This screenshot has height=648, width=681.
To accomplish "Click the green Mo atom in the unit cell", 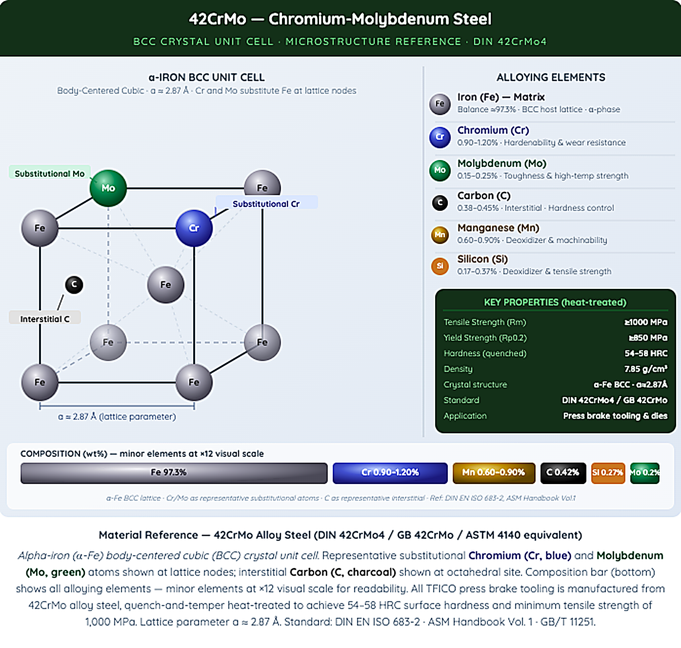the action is point(108,188).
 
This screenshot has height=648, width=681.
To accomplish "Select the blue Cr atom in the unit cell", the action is point(194,228).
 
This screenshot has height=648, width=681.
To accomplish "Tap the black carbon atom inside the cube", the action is point(74,285).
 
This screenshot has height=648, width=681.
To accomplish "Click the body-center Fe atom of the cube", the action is point(165,285).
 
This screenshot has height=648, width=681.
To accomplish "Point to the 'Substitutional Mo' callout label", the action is point(50,173).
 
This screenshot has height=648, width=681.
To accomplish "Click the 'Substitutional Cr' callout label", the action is point(266,203).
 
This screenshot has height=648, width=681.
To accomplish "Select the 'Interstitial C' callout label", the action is point(45,319).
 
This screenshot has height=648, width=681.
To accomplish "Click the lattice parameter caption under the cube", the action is point(117,417).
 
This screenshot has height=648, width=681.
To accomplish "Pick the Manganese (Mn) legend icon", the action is point(440,235).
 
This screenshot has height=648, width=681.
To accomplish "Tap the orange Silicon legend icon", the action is point(440,266).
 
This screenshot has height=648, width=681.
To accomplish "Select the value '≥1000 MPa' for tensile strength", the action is point(646,322).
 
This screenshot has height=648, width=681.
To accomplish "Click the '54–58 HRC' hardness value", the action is point(646,353).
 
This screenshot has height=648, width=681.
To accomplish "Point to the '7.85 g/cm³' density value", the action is point(646,369).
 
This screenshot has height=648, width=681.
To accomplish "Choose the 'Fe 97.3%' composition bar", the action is point(174,473).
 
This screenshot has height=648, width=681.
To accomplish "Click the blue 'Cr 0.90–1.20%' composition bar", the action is point(390,473).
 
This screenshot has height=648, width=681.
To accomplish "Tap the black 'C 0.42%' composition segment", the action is point(563,473).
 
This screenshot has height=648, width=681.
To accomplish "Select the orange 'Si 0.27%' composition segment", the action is point(608,473).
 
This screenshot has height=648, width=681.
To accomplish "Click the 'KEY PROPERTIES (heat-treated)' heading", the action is point(555,303).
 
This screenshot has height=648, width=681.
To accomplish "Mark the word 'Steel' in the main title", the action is point(472,19).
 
